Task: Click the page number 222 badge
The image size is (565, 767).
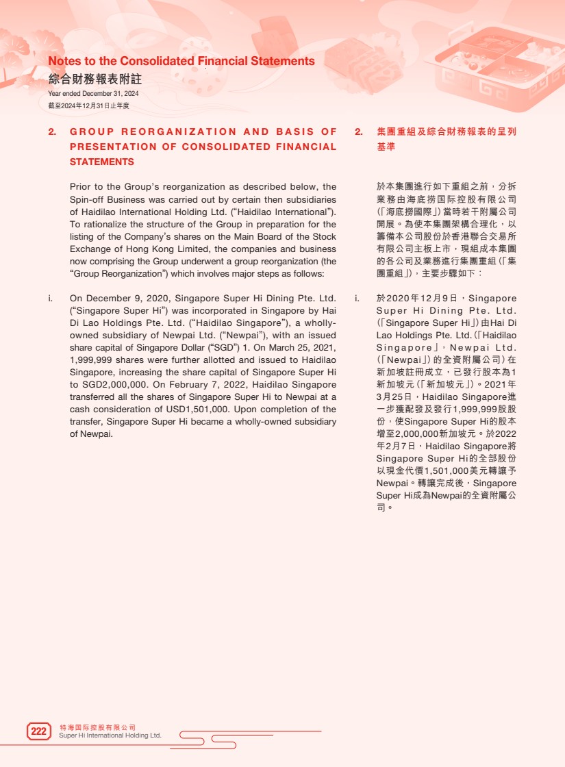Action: (39, 731)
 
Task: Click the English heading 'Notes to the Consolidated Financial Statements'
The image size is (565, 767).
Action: (181, 61)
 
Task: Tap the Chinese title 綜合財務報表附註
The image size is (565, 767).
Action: (95, 79)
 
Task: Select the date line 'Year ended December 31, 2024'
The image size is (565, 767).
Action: (93, 93)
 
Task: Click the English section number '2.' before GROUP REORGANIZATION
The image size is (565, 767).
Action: (52, 131)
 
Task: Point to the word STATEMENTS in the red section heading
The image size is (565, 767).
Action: (101, 162)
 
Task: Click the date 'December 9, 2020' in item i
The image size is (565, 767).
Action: (127, 299)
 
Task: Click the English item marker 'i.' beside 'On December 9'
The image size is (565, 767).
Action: (51, 299)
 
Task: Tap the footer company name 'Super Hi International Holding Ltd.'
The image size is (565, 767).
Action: (110, 735)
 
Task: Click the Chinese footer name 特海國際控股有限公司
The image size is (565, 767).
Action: (97, 727)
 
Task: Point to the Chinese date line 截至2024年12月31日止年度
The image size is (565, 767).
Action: (88, 105)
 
